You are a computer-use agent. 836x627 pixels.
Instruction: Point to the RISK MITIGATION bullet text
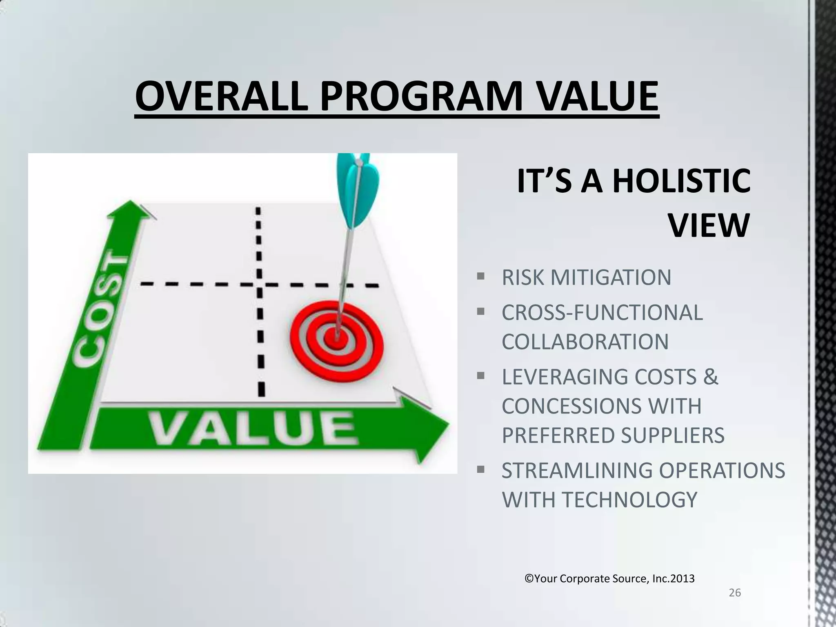coord(586,278)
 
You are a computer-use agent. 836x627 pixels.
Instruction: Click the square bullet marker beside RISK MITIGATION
coord(480,276)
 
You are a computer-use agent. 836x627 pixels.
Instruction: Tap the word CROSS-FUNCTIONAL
coord(602,313)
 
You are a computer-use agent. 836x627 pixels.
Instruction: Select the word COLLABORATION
coord(585,342)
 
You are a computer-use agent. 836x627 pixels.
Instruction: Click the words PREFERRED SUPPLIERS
coord(613,435)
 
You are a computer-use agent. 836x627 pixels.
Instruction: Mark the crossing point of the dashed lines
coord(259,284)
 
